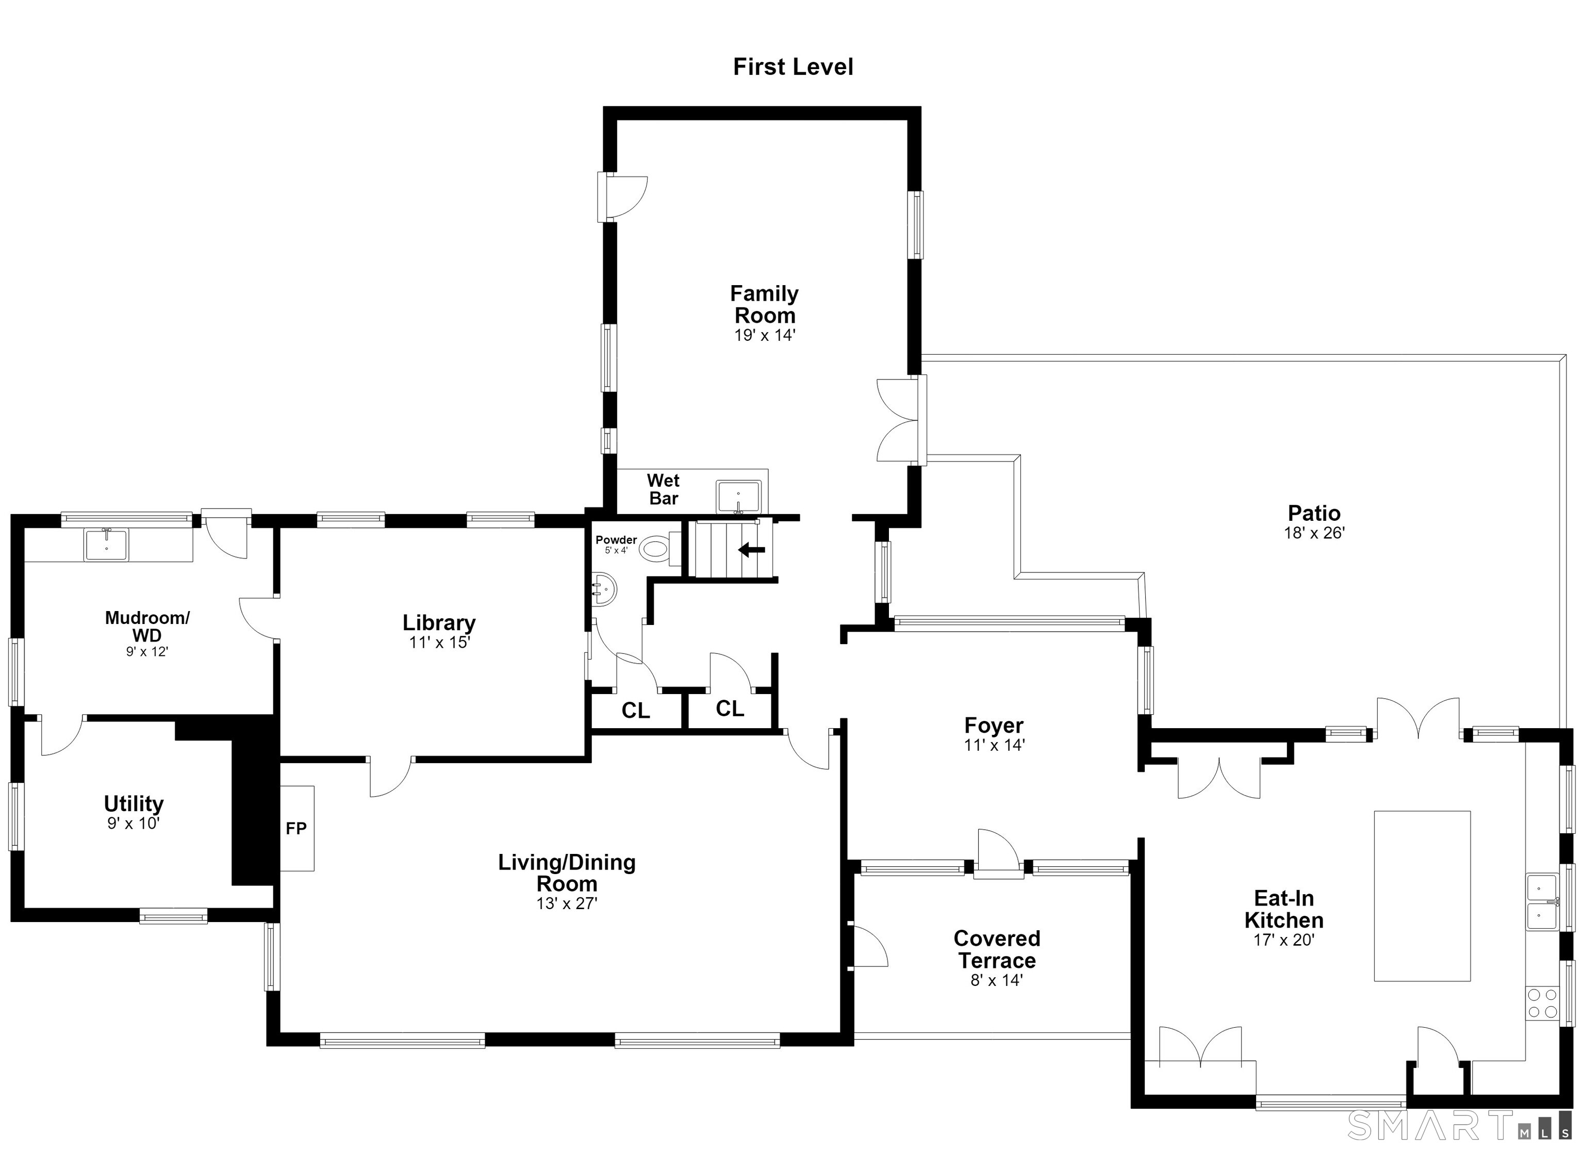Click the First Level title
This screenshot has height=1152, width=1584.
[x=793, y=67]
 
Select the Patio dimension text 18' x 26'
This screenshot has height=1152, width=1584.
[x=1314, y=533]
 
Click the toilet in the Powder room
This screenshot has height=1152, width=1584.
[x=658, y=548]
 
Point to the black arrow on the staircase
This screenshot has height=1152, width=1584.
[x=752, y=550]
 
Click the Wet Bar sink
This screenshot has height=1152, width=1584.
[x=738, y=497]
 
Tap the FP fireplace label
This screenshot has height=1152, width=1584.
[x=296, y=829]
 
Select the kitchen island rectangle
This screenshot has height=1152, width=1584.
[x=1422, y=896]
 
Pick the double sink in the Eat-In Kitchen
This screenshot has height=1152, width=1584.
[x=1542, y=901]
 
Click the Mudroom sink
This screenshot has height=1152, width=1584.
[x=106, y=545]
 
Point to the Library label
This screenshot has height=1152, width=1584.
[x=439, y=622]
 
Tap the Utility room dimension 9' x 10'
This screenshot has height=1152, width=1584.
[x=134, y=824]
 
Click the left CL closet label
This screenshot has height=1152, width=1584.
[x=636, y=711]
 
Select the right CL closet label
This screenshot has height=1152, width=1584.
[x=730, y=709]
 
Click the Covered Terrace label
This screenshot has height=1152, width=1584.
[x=997, y=949]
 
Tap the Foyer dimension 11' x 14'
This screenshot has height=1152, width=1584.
[x=994, y=746]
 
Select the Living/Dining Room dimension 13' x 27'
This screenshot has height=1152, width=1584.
[x=566, y=904]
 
